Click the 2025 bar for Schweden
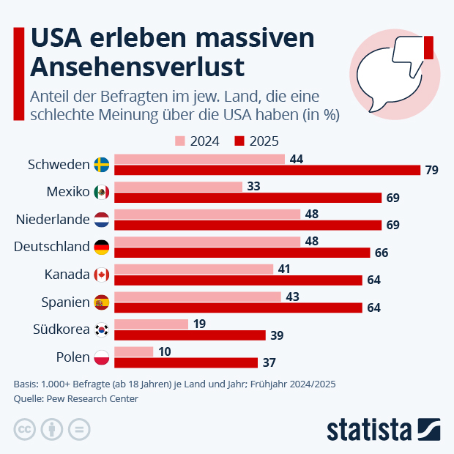pos(268,170)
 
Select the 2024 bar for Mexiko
pos(179,187)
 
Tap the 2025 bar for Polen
pos(187,362)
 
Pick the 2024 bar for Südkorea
pos(152,324)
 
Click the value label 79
pos(432,171)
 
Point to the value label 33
pos(253,187)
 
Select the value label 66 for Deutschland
pos(382,253)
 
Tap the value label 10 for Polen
pos(165,351)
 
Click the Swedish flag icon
pos(102,165)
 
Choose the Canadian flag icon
pos(102,275)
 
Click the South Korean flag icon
pos(102,330)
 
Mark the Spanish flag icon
pos(102,302)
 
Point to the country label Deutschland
pos(51,247)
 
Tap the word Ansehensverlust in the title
pos(137,67)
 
